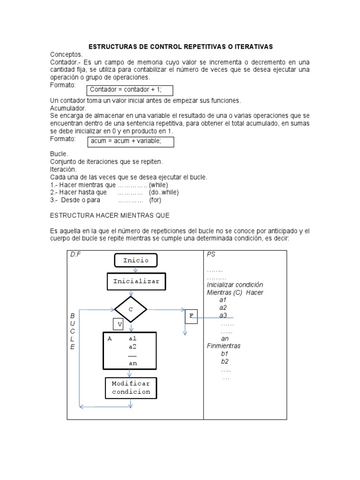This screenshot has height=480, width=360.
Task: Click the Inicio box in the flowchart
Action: (136, 260)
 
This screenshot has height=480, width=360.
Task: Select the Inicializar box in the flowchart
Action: (136, 282)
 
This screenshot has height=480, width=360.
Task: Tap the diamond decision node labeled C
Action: (131, 309)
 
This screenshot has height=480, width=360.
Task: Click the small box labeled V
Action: (120, 324)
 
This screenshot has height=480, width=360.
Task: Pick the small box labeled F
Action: (191, 316)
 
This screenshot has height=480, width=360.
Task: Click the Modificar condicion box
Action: (131, 388)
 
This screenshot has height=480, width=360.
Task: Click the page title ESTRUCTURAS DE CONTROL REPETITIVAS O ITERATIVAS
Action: (180, 47)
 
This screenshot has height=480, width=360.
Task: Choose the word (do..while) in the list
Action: (164, 192)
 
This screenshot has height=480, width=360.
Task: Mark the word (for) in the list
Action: (155, 200)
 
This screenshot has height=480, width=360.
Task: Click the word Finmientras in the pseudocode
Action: (224, 346)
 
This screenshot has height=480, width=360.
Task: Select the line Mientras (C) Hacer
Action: (235, 292)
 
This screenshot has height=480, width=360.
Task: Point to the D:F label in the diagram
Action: (75, 254)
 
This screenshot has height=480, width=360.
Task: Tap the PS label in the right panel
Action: (211, 254)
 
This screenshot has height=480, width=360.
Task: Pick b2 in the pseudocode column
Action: (225, 361)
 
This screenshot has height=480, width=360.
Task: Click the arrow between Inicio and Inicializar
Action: (135, 270)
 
